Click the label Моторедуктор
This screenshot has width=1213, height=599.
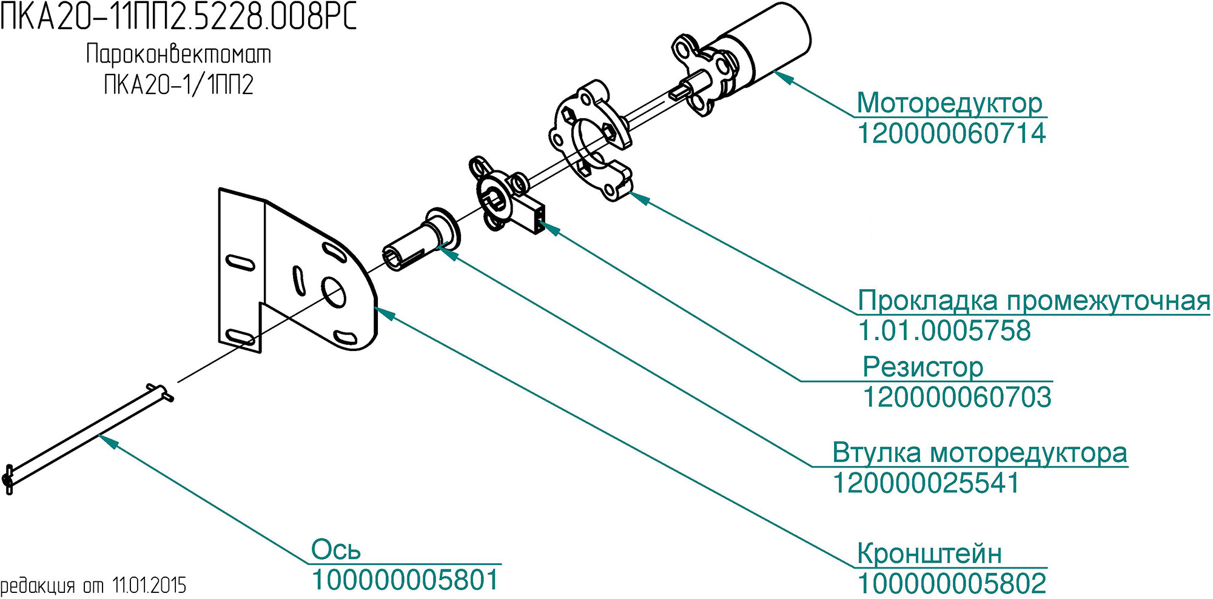(949, 103)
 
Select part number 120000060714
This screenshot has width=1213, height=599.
(951, 133)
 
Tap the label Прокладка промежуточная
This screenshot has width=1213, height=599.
(1033, 301)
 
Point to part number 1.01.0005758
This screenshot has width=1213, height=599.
(944, 330)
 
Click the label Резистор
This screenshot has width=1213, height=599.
(922, 367)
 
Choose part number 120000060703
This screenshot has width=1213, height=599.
(956, 397)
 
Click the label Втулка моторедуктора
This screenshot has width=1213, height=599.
(979, 453)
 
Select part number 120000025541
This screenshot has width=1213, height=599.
(926, 483)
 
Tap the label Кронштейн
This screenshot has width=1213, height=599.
(929, 554)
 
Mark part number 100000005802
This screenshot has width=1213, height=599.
(952, 584)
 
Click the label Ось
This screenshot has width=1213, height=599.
(335, 550)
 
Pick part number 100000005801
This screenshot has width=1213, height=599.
(405, 580)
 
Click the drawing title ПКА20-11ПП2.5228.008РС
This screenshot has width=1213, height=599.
(179, 16)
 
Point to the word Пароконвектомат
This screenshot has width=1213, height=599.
(178, 54)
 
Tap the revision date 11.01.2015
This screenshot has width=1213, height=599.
(149, 586)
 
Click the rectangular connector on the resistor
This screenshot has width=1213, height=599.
(533, 213)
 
